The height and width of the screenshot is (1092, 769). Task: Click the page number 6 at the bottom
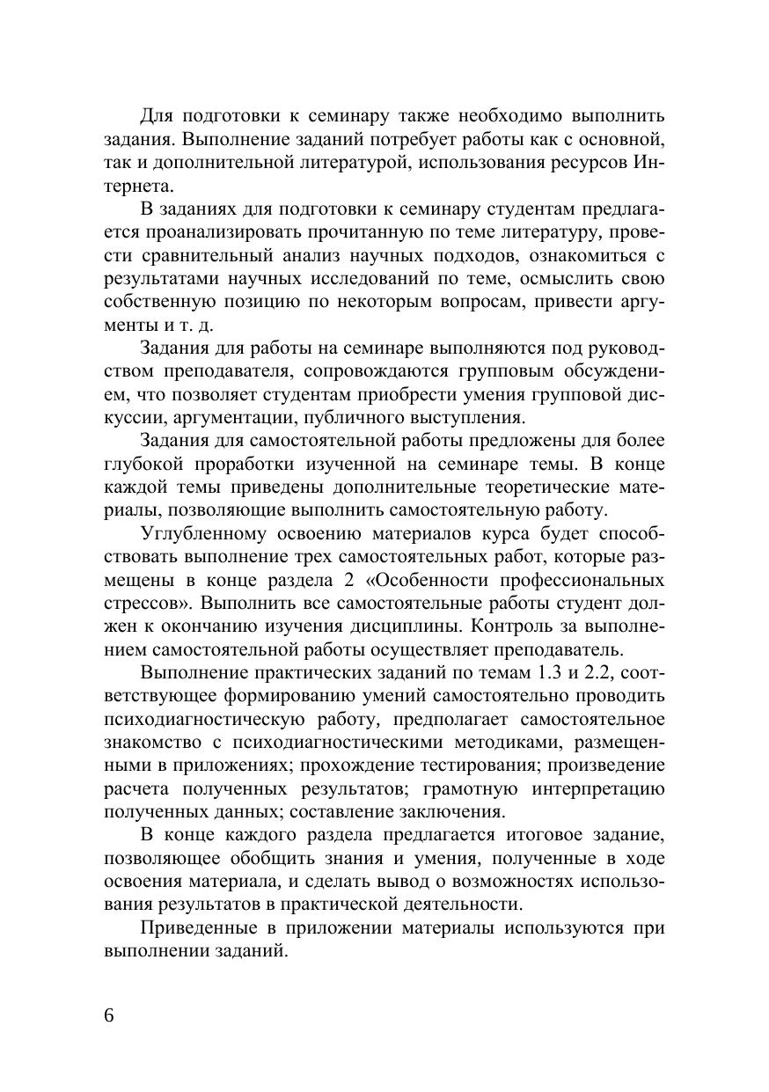tap(109, 1014)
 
